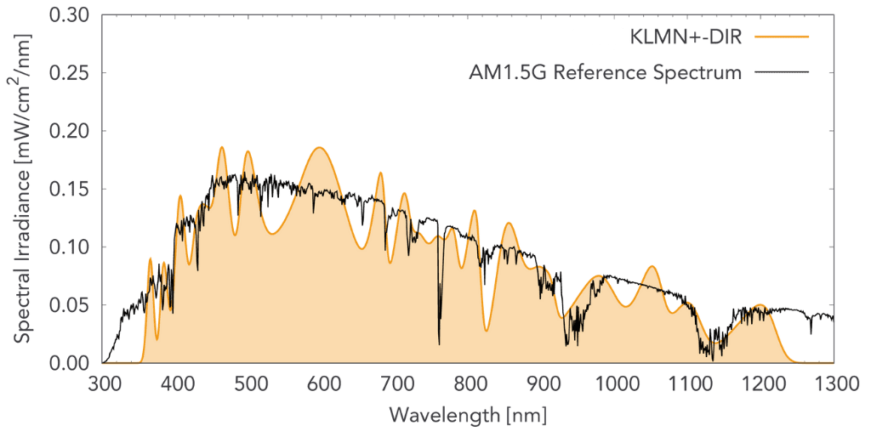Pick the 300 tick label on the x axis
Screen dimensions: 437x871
(104, 384)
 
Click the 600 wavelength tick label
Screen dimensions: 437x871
(322, 384)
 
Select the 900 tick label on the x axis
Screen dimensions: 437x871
(542, 384)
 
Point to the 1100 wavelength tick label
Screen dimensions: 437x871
(687, 384)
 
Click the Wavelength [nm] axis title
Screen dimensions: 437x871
(468, 416)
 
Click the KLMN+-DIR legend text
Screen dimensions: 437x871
(681, 37)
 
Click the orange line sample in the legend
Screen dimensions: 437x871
(780, 37)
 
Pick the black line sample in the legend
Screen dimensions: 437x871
(780, 73)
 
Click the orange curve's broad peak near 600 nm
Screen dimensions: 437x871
(319, 148)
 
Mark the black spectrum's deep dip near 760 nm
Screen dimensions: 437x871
(439, 342)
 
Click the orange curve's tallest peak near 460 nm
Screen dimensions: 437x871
(222, 147)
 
